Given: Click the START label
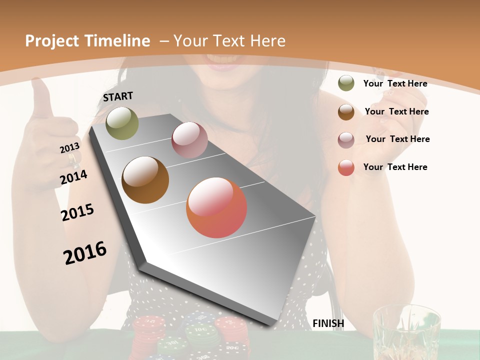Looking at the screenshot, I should (x=118, y=96).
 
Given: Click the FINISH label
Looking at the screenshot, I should (x=328, y=323).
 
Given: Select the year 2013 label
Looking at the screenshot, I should (x=69, y=148).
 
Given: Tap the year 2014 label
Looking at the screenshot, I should (x=73, y=177).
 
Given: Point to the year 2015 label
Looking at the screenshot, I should (x=77, y=212).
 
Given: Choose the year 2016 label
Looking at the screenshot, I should (x=85, y=252).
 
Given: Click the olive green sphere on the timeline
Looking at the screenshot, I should (x=122, y=123).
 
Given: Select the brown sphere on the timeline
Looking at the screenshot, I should (x=145, y=180).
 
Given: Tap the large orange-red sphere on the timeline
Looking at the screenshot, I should (x=216, y=207).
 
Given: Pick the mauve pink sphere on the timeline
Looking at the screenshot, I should (x=189, y=140).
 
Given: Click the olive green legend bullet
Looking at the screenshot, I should (x=346, y=83).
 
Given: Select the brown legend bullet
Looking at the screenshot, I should (x=346, y=111).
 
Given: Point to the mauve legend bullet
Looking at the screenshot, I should (x=346, y=139).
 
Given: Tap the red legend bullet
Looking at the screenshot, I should (x=346, y=167).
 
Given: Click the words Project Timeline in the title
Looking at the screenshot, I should (x=87, y=41).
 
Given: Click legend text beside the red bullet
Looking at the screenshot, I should (x=395, y=167).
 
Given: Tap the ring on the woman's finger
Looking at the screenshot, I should (x=73, y=158).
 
